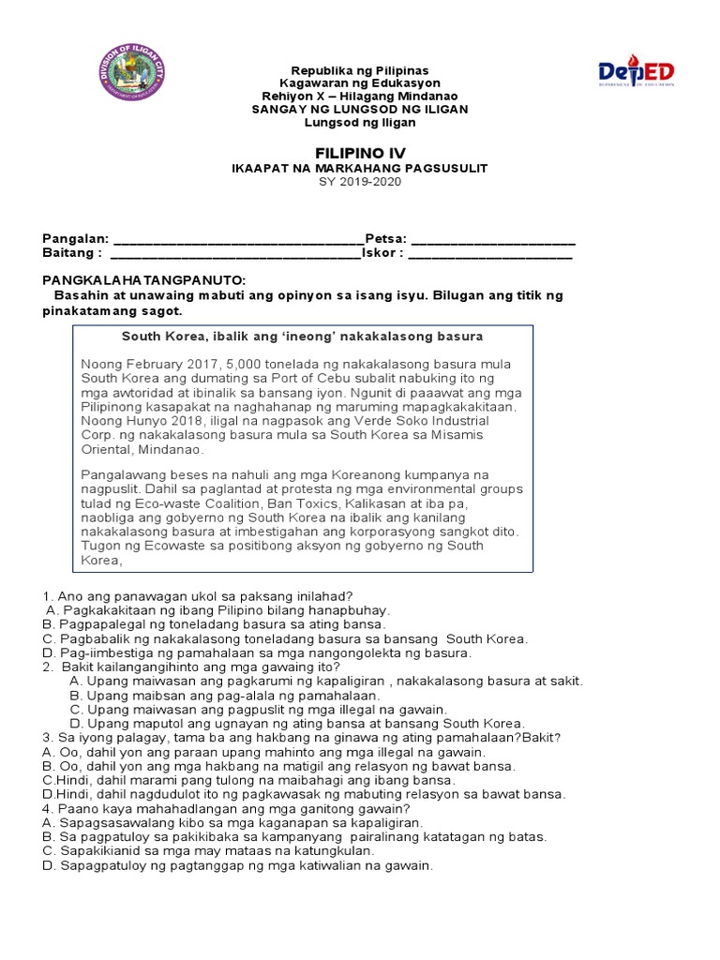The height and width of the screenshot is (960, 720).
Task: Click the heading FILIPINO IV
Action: pos(360,152)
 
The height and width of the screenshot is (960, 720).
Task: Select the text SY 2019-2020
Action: pos(360,182)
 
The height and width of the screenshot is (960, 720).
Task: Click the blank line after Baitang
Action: pos(235,253)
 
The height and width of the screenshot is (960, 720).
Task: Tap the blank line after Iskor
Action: pos(490,253)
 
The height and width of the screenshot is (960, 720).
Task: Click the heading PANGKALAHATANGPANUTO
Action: pos(144,281)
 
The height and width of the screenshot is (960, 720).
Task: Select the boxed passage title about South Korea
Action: pos(302,336)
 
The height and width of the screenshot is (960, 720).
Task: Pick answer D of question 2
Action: pos(296,724)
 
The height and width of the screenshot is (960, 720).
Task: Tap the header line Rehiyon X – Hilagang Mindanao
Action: pos(360,97)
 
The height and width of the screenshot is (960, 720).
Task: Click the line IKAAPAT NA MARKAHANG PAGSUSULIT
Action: pos(360,168)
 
